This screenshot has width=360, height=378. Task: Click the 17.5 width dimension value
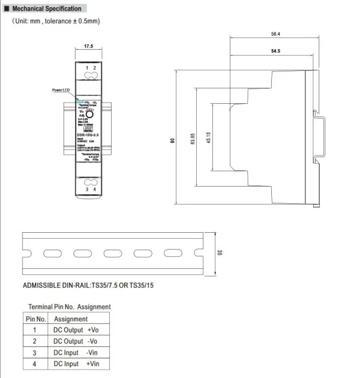coord(88,46)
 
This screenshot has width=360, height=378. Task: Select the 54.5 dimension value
coord(275,52)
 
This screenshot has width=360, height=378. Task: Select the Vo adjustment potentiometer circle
coord(89,113)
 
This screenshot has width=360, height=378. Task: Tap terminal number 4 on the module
coord(94,189)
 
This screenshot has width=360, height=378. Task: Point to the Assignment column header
coord(71,319)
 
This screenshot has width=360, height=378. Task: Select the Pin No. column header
coord(35,319)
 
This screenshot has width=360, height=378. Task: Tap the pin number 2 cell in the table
coord(35,341)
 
